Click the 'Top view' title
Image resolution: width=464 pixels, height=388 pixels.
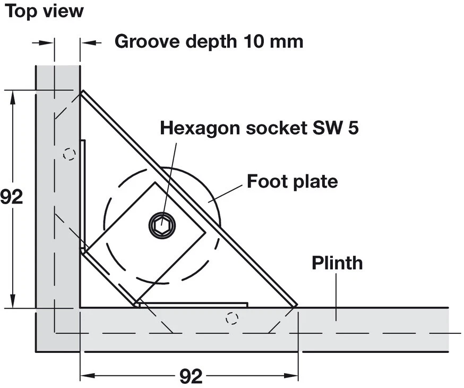click(45, 11)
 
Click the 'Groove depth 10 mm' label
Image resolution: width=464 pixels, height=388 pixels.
click(209, 41)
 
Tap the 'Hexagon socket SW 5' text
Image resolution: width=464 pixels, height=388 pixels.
click(259, 128)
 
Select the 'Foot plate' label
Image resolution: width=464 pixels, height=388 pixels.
click(292, 182)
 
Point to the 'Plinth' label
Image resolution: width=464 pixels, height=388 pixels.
click(337, 263)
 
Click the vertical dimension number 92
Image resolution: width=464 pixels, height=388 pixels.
click(12, 197)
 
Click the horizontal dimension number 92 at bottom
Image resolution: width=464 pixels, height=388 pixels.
click(191, 376)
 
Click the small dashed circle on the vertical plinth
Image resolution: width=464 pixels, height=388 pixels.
click(68, 154)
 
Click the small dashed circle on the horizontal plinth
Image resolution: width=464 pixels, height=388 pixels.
click(231, 318)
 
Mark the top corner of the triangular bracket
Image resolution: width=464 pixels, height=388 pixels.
click(82, 92)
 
